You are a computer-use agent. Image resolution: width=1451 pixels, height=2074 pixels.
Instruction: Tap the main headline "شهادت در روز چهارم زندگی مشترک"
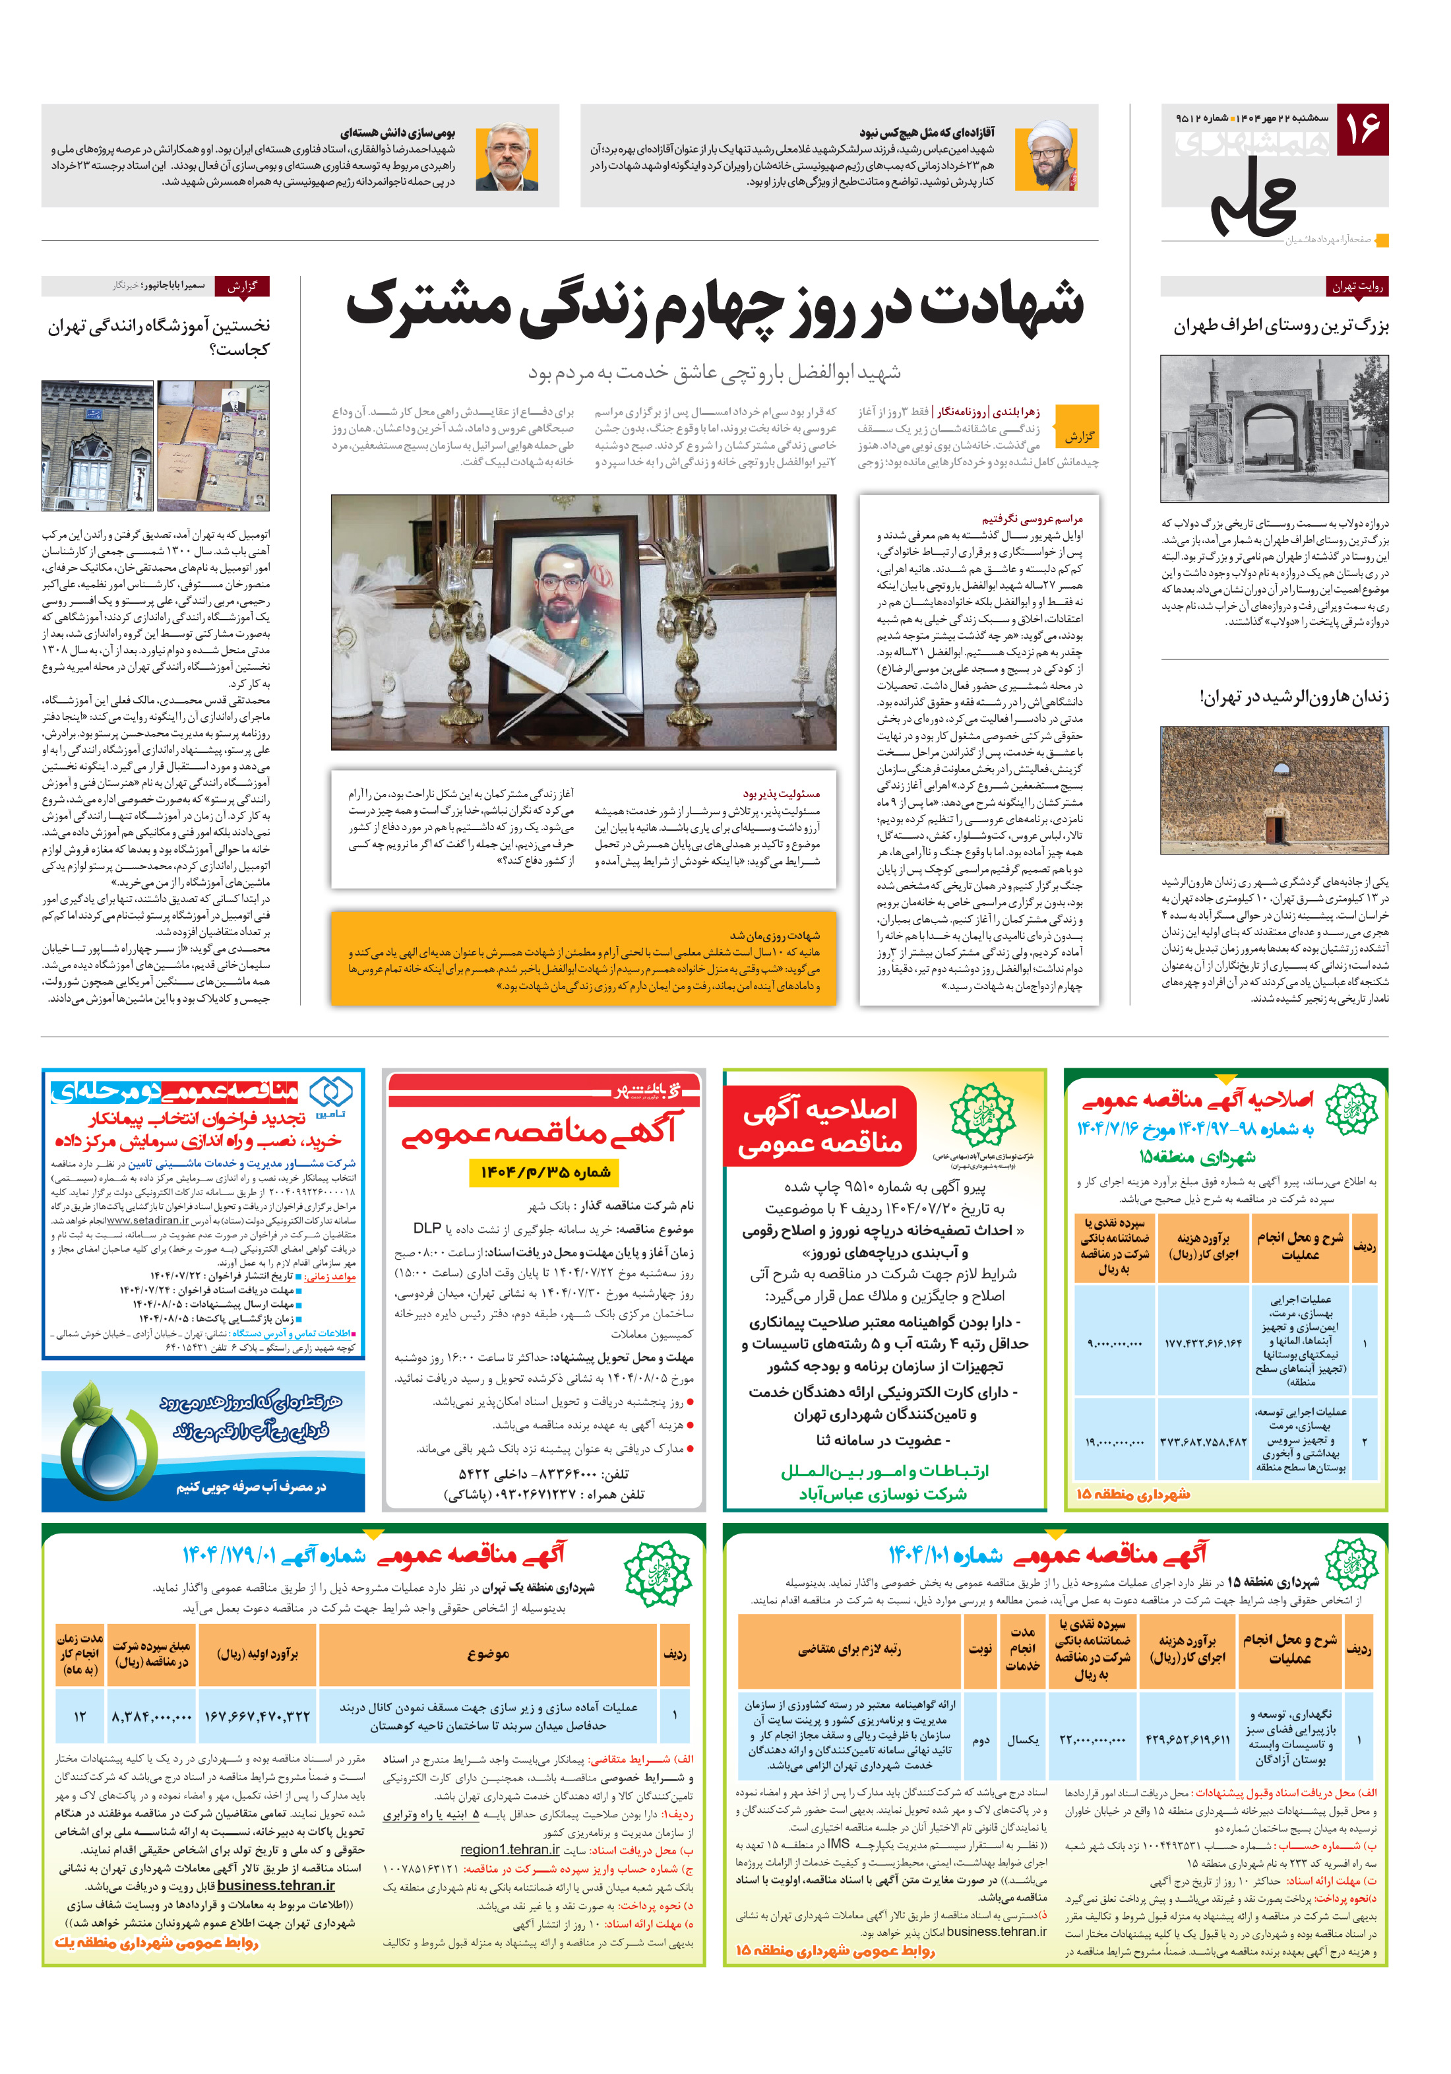pyautogui.click(x=714, y=306)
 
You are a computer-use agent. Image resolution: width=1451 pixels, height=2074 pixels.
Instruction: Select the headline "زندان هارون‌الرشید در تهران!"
pyautogui.click(x=1293, y=697)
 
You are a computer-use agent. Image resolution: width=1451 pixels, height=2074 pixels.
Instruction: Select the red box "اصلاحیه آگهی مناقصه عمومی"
pyautogui.click(x=820, y=1126)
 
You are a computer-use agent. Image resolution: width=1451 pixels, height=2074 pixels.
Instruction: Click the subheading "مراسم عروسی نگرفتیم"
pyautogui.click(x=1032, y=519)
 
